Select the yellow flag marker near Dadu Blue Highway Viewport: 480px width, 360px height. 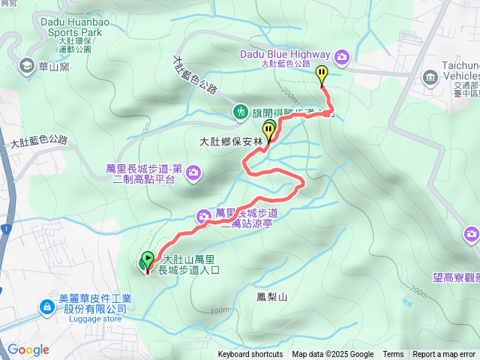322,74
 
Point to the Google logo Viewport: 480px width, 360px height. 28,349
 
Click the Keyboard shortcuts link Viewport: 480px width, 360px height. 250,355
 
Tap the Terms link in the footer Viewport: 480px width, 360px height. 393,355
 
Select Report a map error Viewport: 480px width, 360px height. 444,355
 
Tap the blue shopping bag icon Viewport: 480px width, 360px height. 46,307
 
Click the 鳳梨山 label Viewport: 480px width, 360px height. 271,297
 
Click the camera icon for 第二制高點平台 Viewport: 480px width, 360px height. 194,173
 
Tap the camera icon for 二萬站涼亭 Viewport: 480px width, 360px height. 203,217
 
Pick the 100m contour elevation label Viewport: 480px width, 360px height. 220,310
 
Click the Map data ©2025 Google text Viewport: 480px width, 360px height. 332,355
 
